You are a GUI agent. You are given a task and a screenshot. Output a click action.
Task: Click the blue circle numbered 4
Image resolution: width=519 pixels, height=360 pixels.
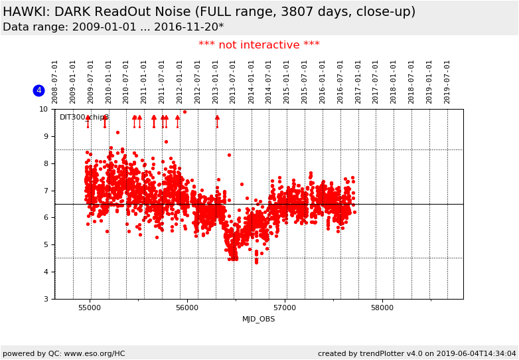pyautogui.click(x=38, y=90)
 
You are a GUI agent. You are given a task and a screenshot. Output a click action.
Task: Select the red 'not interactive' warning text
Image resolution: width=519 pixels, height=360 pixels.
pyautogui.click(x=259, y=45)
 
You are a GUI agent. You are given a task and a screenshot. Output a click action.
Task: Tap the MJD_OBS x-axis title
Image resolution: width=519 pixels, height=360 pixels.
pyautogui.click(x=259, y=319)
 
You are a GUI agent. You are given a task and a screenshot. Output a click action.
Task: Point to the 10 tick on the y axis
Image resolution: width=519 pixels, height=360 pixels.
pyautogui.click(x=43, y=109)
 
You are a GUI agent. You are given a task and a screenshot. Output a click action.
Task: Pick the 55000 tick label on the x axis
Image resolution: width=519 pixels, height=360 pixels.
pyautogui.click(x=90, y=308)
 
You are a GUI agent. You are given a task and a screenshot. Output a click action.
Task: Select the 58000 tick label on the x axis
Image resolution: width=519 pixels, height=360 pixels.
pyautogui.click(x=382, y=308)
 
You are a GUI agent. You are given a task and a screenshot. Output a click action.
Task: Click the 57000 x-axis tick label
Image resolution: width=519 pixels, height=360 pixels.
pyautogui.click(x=285, y=308)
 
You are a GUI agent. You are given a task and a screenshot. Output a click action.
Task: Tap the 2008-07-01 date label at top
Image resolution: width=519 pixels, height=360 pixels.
pyautogui.click(x=55, y=81)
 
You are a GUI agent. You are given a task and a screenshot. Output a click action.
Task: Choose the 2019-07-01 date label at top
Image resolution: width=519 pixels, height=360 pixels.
pyautogui.click(x=447, y=81)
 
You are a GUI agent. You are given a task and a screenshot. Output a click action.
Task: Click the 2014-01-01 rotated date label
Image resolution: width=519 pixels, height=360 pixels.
pyautogui.click(x=252, y=81)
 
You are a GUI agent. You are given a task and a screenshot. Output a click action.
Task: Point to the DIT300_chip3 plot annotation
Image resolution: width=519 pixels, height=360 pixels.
pyautogui.click(x=84, y=118)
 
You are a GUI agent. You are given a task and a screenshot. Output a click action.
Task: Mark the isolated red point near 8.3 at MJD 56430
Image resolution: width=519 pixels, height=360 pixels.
pyautogui.click(x=229, y=155)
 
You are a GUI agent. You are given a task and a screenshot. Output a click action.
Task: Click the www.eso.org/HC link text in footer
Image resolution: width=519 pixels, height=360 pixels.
pyautogui.click(x=87, y=353)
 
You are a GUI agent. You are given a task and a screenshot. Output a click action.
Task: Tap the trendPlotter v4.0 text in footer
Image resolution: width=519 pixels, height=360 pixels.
pyautogui.click(x=378, y=353)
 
